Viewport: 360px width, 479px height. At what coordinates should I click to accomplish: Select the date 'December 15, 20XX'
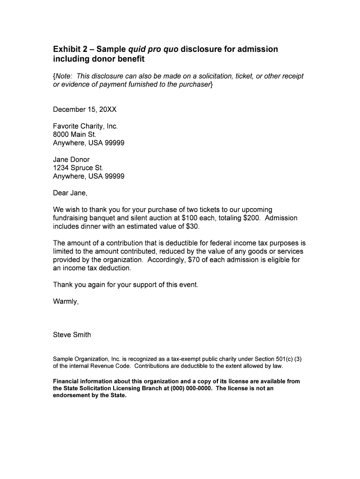(85, 110)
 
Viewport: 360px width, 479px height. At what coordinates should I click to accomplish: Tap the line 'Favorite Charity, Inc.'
(86, 126)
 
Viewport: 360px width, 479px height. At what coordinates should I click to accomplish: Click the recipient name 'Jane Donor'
(71, 160)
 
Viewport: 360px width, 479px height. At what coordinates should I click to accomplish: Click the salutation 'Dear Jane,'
(70, 193)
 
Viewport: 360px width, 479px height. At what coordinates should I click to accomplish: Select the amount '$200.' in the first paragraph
(252, 218)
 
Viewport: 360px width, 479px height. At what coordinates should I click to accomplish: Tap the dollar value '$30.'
(192, 226)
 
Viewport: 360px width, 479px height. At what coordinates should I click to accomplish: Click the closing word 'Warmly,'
(66, 302)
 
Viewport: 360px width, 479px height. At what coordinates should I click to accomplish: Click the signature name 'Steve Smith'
(72, 335)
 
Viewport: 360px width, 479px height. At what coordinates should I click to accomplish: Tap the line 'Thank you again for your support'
(125, 285)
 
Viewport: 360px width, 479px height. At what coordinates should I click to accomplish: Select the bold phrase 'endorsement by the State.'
(90, 395)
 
